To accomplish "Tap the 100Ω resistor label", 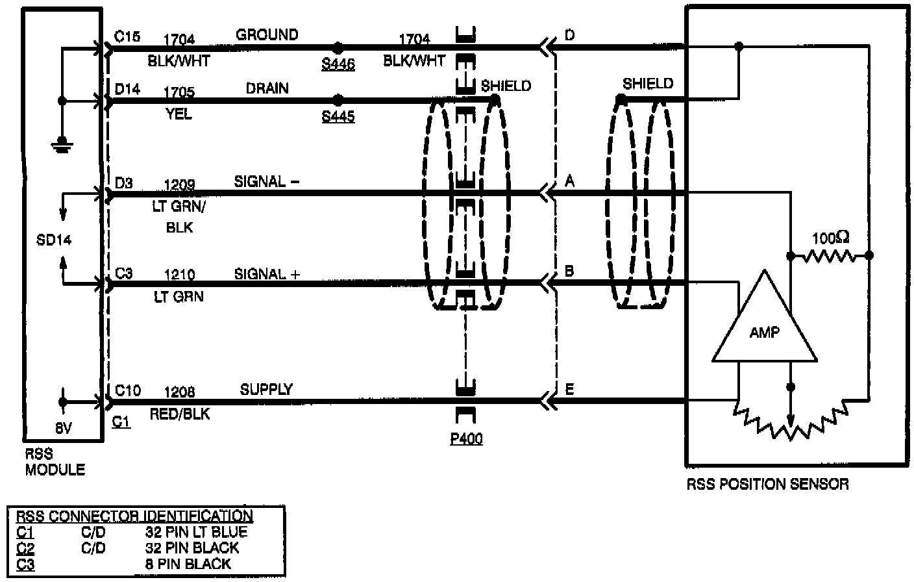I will click(x=830, y=238).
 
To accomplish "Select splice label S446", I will click(x=338, y=64).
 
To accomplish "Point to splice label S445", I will click(x=338, y=116).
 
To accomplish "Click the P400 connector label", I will click(x=466, y=439).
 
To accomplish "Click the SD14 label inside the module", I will click(x=54, y=240).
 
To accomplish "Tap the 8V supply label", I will click(x=63, y=429).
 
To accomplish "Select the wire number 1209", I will click(x=179, y=186).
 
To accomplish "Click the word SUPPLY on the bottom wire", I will click(x=266, y=389).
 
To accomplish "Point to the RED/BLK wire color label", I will click(x=179, y=414).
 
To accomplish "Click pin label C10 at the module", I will click(x=127, y=390).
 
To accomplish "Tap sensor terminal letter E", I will click(x=570, y=389).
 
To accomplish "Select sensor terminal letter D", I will click(x=570, y=34).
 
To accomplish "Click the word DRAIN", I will click(x=267, y=88).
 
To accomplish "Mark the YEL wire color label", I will click(x=179, y=114).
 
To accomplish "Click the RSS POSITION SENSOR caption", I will click(x=767, y=484).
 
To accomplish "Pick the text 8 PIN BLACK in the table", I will click(x=188, y=564).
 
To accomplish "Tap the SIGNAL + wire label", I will click(x=267, y=274).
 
